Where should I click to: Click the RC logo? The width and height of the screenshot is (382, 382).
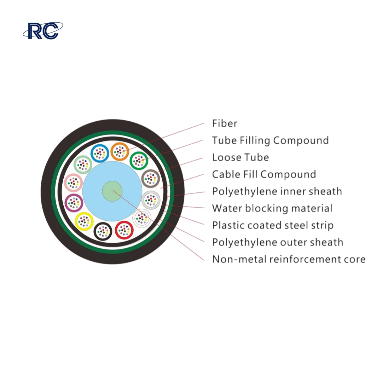click(x=43, y=31)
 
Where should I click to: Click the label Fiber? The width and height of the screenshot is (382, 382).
click(x=225, y=123)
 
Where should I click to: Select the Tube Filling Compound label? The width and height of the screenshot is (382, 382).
click(x=271, y=141)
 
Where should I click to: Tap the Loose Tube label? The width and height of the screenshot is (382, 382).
click(x=241, y=157)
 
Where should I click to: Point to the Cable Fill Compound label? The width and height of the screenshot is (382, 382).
click(x=264, y=175)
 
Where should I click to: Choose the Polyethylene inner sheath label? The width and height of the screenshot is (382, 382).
click(x=277, y=192)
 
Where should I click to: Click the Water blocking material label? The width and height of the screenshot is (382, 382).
click(x=272, y=209)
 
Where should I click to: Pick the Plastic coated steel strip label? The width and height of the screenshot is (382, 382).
click(x=273, y=226)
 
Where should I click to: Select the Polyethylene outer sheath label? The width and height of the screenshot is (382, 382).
click(x=278, y=243)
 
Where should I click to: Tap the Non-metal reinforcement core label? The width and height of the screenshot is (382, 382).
click(x=289, y=259)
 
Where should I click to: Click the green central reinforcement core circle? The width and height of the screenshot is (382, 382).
click(x=112, y=191)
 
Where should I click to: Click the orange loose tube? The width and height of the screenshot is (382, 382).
click(x=120, y=151)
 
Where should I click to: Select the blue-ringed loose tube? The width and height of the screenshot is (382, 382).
click(x=100, y=153)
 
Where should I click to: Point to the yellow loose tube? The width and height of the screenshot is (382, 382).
click(x=84, y=221)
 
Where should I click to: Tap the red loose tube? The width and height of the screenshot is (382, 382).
click(x=124, y=230)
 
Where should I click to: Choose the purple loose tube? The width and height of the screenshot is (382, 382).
click(x=74, y=203)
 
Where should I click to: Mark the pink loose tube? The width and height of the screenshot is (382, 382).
click(x=73, y=183)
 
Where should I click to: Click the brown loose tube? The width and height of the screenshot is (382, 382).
click(x=151, y=179)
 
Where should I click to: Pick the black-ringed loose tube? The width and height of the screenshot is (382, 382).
click(x=103, y=231)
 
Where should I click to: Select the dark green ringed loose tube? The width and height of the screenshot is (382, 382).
click(x=139, y=161)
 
